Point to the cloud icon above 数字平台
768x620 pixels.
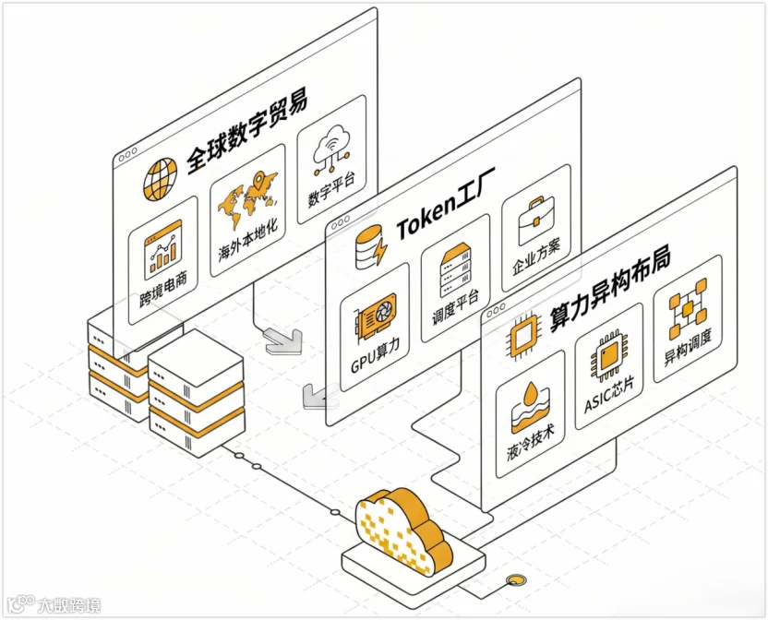pyautogui.click(x=331, y=148)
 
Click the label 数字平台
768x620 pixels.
pyautogui.click(x=331, y=189)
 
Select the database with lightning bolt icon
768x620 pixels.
pyautogui.click(x=371, y=247)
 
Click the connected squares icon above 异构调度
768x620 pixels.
pyautogui.click(x=688, y=309)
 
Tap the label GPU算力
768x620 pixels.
pyautogui.click(x=376, y=355)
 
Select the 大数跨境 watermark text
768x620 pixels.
pyautogui.click(x=69, y=606)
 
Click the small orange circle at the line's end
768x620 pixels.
pyautogui.click(x=514, y=580)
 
